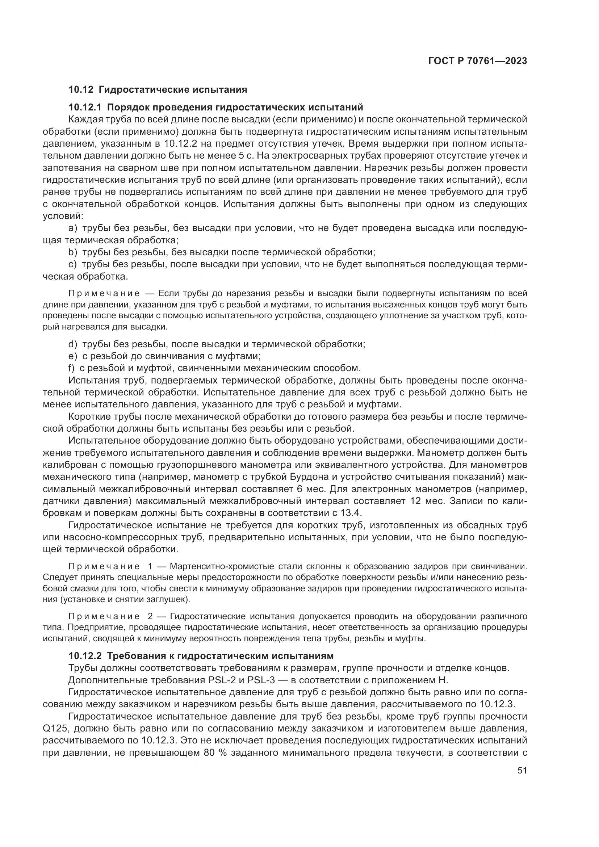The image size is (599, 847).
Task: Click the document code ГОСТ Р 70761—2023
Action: [x=477, y=61]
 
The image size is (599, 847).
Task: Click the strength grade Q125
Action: [x=54, y=729]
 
